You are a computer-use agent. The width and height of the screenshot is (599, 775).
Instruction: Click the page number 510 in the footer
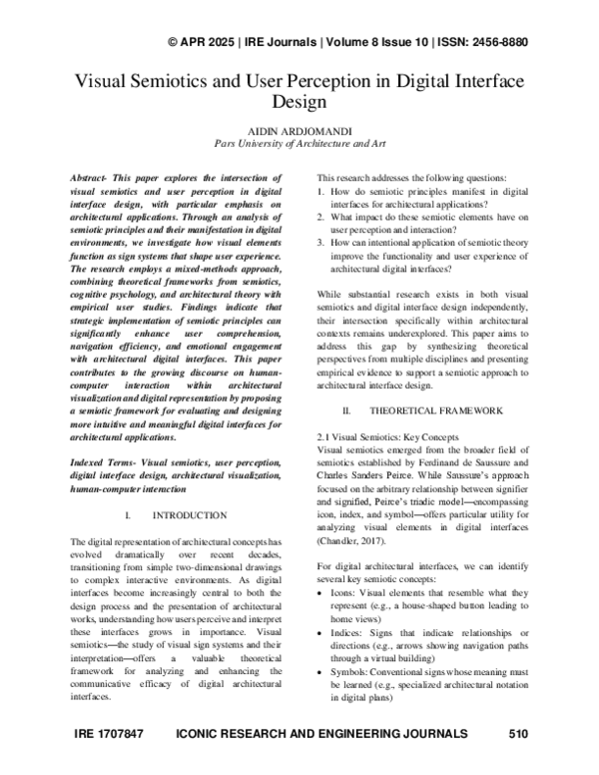[517, 734]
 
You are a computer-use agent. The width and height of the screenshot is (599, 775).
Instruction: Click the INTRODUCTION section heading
[189, 515]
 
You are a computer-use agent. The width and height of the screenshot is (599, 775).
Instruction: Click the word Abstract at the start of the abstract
[94, 175]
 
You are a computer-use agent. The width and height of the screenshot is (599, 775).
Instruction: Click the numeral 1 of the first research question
[318, 188]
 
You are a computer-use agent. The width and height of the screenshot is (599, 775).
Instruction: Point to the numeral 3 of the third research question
[318, 240]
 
